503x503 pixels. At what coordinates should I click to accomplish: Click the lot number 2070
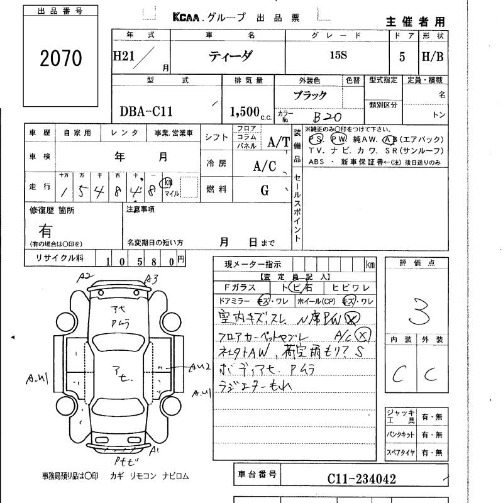point(61,58)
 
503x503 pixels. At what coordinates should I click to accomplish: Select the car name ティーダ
point(231,56)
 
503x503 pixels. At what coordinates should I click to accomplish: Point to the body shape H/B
point(433,56)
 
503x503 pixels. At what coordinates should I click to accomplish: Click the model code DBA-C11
point(146,112)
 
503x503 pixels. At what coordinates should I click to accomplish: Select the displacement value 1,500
point(245,112)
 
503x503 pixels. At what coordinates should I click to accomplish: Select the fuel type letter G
point(265,189)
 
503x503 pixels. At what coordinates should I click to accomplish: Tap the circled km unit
point(168,182)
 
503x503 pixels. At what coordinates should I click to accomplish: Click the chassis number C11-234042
point(362,479)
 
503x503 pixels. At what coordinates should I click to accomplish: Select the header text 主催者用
point(414,21)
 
